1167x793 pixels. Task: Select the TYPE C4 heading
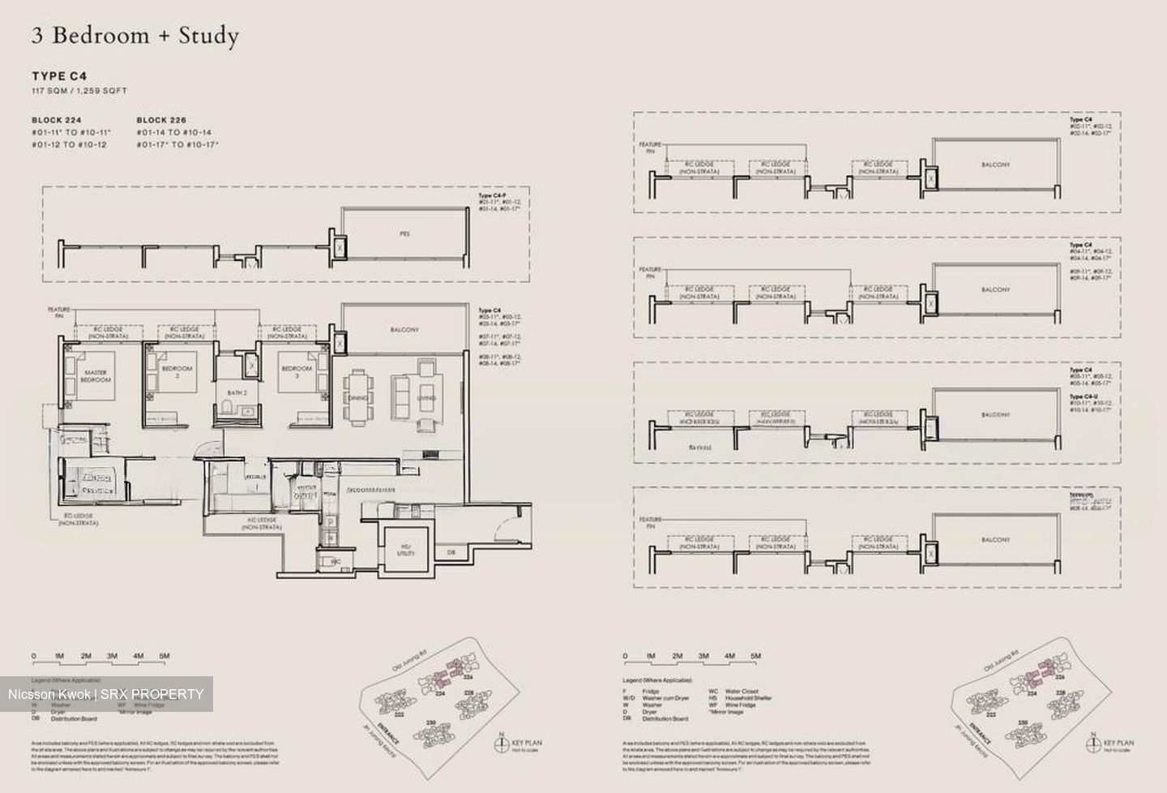point(60,76)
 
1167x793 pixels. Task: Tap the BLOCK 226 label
point(161,120)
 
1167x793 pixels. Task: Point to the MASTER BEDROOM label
point(95,376)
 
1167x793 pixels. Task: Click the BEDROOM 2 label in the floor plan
point(177,371)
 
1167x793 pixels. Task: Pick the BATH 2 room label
point(237,392)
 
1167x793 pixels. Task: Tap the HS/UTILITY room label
point(406,550)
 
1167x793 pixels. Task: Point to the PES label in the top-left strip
point(404,234)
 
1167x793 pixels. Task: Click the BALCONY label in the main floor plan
point(404,330)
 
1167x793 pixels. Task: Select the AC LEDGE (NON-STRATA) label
point(261,523)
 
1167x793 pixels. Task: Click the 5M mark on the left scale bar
point(165,656)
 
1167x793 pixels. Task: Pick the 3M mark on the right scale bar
point(703,656)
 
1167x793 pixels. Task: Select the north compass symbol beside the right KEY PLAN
point(1091,742)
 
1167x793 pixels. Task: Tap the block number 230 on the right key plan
point(1023,722)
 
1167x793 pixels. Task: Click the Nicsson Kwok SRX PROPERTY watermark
point(106,694)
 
